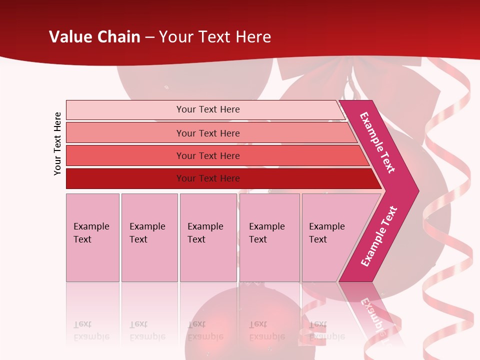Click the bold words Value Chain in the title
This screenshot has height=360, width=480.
point(94,37)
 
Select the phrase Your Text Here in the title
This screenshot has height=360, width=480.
point(215,37)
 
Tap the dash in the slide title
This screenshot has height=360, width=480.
point(149,37)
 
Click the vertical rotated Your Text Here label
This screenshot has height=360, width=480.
point(57,143)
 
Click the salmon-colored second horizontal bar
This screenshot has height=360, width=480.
point(207,133)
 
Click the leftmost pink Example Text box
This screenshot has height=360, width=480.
point(92,237)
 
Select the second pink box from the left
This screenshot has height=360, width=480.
point(149,237)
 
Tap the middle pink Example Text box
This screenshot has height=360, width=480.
point(208,237)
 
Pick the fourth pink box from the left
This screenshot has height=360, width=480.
point(269,237)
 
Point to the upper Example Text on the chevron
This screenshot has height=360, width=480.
point(377,142)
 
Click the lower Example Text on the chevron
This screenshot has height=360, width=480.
point(379,236)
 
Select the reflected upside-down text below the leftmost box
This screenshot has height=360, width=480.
point(91,330)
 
